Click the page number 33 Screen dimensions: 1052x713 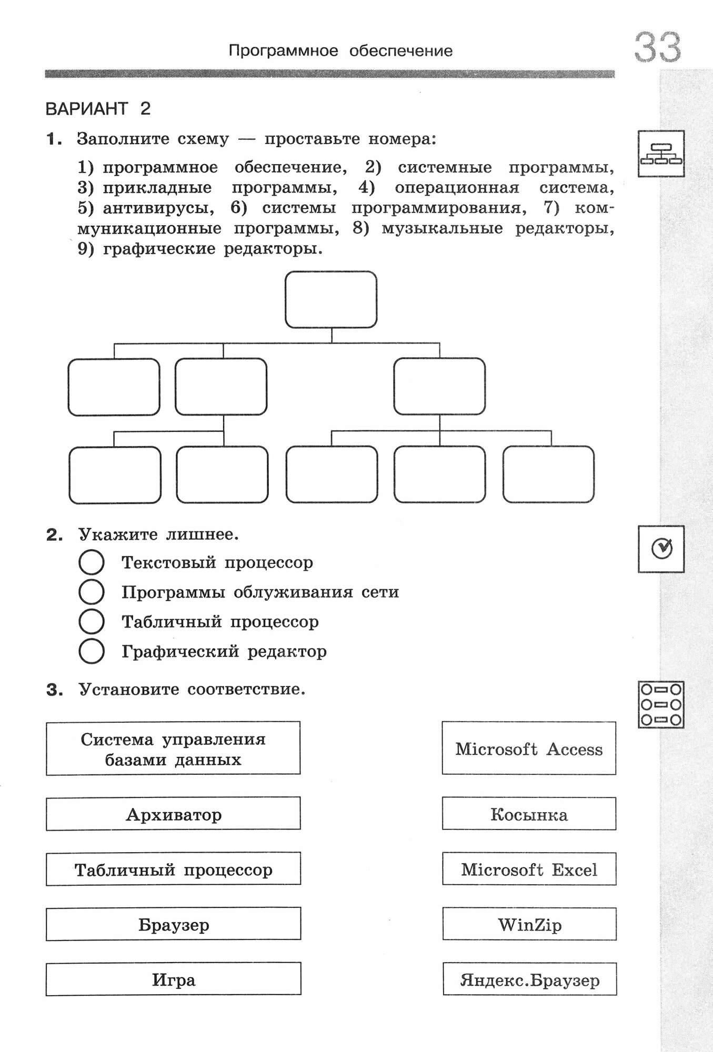click(x=657, y=47)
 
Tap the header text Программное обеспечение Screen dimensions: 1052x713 click(x=340, y=51)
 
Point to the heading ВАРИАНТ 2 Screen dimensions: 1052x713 click(x=98, y=109)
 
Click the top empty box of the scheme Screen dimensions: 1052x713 click(x=331, y=300)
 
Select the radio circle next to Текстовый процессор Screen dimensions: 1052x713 click(x=91, y=562)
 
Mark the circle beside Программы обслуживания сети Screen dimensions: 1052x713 click(x=91, y=592)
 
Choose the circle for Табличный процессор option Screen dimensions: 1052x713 click(x=91, y=622)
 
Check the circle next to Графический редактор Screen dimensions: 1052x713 click(x=91, y=651)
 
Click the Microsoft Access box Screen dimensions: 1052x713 click(x=529, y=748)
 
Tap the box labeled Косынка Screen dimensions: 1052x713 click(x=529, y=814)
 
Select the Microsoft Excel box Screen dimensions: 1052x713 click(x=529, y=869)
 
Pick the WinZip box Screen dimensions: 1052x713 click(x=529, y=924)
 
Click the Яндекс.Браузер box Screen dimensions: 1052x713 click(x=529, y=979)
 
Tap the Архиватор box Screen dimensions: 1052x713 click(x=173, y=814)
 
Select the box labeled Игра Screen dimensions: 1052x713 click(x=173, y=979)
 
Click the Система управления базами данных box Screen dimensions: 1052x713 click(x=173, y=748)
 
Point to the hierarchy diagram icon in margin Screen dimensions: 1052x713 click(x=661, y=154)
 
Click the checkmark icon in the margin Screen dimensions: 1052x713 click(x=661, y=549)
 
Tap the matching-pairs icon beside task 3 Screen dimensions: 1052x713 click(x=661, y=705)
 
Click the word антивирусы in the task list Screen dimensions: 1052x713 click(x=158, y=208)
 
